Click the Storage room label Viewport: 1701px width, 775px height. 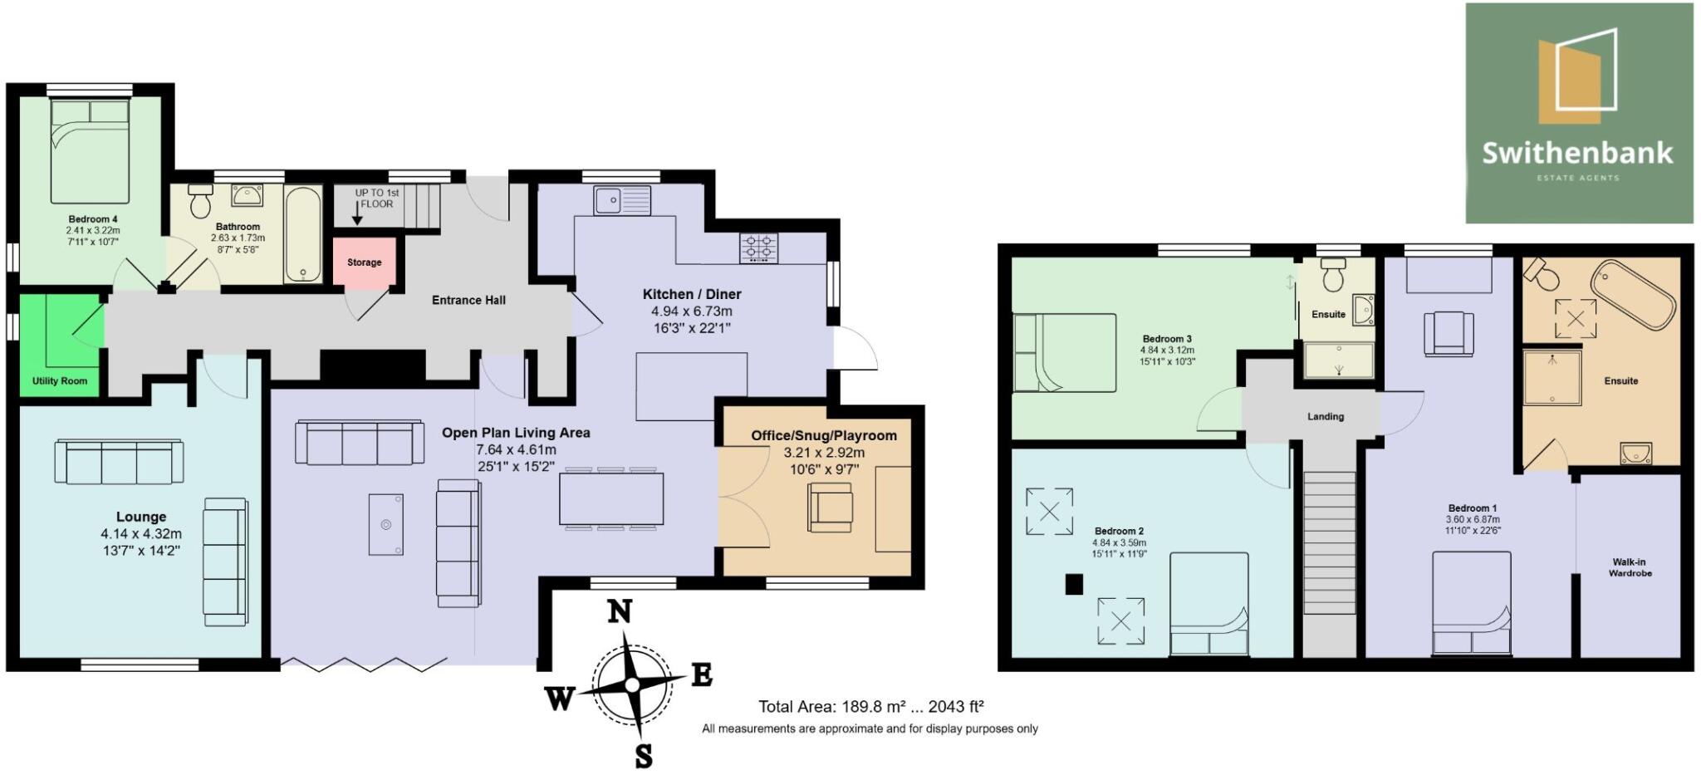point(364,262)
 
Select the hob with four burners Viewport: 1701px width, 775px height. point(759,247)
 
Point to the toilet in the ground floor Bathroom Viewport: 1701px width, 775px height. point(200,202)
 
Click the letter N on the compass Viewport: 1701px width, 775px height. point(619,612)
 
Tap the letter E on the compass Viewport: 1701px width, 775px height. point(702,675)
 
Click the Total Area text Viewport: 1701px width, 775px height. point(870,707)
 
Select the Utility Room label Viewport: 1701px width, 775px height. point(60,381)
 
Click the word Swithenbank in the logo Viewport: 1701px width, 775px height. point(1577,153)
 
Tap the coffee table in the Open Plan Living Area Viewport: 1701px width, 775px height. point(386,524)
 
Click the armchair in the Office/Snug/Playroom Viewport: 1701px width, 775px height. point(830,508)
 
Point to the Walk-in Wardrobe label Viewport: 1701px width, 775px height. point(1630,567)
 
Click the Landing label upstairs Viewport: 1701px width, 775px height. point(1325,417)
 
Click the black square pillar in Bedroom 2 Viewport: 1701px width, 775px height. point(1074,585)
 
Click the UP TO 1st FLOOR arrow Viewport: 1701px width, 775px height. point(357,214)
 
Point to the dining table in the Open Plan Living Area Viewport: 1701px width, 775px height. point(611,499)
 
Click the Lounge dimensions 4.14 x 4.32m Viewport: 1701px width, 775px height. point(141,534)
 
